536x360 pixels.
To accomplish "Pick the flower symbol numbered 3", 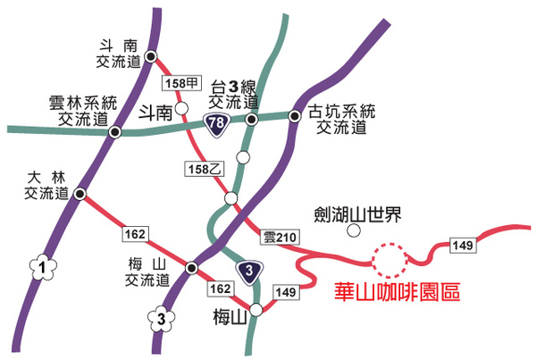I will pos(160,317).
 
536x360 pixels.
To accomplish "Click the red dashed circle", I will pos(389,261).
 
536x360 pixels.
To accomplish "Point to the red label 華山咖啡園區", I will pos(396,292).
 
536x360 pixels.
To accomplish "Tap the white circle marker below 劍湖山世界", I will pos(355,232).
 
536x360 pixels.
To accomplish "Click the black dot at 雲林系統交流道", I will pos(114,132).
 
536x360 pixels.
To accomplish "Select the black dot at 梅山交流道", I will pos(190,267).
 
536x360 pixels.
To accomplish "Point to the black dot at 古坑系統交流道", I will pos(295,114).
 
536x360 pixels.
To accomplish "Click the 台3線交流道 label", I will pos(240,95).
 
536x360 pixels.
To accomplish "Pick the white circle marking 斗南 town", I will pos(181,109).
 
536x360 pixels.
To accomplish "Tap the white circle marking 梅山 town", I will pos(256,310).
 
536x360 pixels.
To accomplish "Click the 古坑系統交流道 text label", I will pos(342,120).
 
